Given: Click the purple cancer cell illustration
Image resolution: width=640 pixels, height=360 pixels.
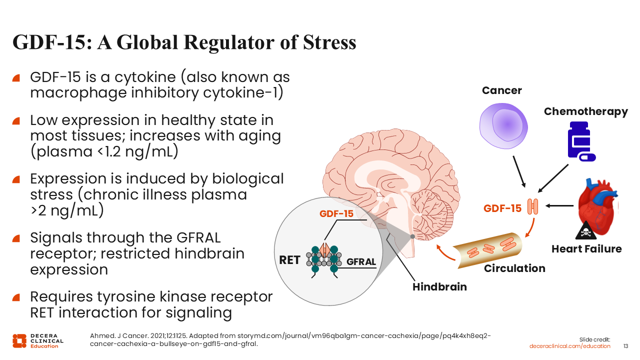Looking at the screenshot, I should tap(501, 125).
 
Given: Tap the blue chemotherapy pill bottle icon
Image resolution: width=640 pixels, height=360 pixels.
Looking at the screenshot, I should tap(580, 141).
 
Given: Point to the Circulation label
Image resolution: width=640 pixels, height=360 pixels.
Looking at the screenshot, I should tap(514, 268).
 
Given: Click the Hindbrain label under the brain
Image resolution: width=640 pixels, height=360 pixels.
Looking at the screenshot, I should tap(439, 287).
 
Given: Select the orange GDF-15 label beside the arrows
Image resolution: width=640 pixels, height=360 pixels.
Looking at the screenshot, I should tap(502, 208).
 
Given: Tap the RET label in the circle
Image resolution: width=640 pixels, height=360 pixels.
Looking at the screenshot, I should tap(289, 260).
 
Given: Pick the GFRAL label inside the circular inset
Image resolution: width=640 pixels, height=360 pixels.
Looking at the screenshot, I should tap(361, 261).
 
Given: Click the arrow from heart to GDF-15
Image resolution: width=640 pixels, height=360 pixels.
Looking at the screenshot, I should tap(559, 205).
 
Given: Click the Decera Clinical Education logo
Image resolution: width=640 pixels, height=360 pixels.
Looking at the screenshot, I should tap(38, 340).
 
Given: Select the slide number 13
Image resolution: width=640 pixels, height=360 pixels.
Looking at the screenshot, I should tap(625, 346).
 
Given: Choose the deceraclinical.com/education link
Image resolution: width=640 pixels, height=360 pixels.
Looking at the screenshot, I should tap(570, 346).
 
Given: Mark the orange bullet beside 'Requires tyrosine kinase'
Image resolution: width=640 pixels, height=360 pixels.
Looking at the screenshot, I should tap(16, 297).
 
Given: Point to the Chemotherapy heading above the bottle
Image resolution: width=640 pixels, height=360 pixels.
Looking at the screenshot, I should tap(585, 111).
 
